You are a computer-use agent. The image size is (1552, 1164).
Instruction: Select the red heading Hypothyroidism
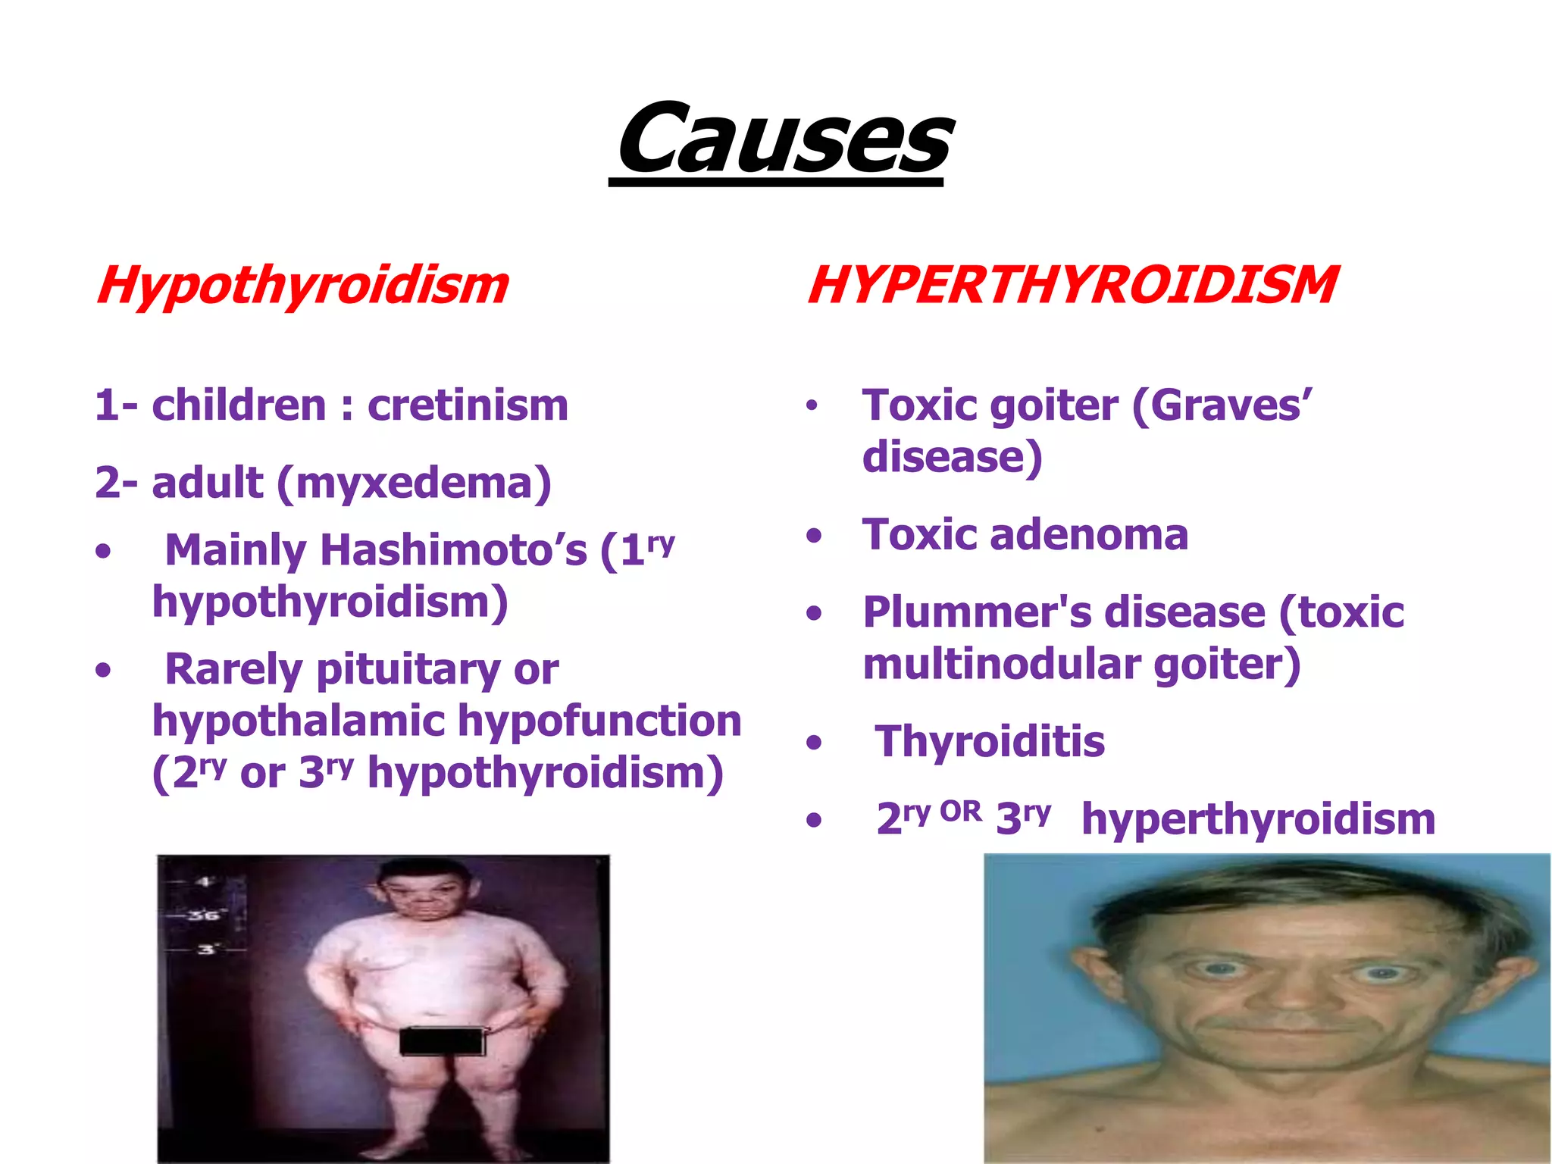302,286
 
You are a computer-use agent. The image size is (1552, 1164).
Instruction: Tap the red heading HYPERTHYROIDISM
1072,286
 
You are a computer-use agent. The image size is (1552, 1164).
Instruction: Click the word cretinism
468,405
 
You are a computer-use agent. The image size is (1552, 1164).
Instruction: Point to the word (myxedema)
414,483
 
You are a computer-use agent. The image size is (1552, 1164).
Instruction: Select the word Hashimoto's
453,550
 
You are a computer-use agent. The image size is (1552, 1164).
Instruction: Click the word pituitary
408,670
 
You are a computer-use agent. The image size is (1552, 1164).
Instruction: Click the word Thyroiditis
990,742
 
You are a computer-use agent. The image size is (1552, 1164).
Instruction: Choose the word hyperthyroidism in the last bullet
1258,820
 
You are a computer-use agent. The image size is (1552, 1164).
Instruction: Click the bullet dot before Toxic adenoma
814,537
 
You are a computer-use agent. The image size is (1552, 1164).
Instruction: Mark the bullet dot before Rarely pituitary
104,671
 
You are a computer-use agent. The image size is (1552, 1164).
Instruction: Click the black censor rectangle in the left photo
442,1040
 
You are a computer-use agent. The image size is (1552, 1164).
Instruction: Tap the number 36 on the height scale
203,915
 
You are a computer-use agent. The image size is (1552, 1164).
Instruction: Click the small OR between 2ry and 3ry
960,812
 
